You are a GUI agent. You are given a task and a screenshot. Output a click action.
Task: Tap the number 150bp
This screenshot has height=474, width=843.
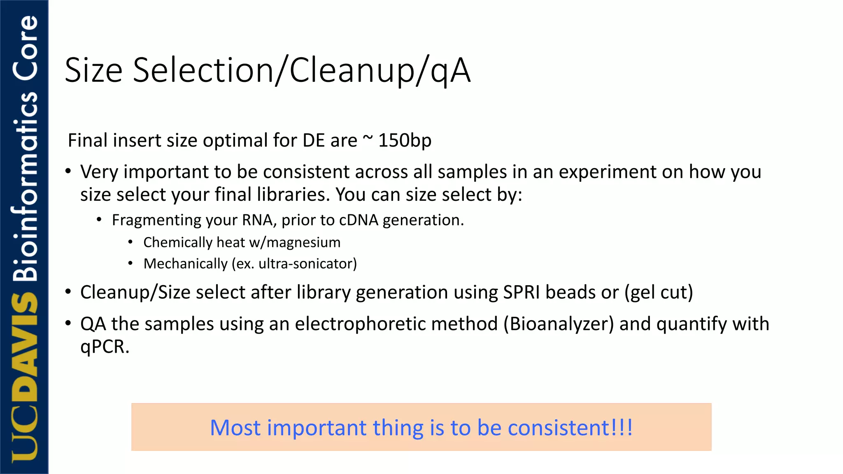[405, 140]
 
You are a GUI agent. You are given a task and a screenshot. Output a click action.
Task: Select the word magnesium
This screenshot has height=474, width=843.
[303, 242]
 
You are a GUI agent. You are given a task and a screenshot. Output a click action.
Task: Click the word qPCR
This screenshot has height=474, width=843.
[104, 346]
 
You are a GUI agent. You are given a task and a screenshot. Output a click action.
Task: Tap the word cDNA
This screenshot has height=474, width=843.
[358, 220]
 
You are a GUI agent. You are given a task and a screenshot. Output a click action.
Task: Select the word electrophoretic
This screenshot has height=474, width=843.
[396, 324]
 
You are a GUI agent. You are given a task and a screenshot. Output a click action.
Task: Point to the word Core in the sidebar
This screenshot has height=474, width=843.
[26, 47]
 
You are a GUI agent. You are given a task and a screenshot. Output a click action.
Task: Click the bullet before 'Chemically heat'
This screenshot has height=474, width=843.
[130, 242]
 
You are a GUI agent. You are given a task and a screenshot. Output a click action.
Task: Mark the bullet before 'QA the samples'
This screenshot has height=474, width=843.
[68, 323]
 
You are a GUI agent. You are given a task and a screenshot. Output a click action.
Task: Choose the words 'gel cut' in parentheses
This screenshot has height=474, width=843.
[659, 292]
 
